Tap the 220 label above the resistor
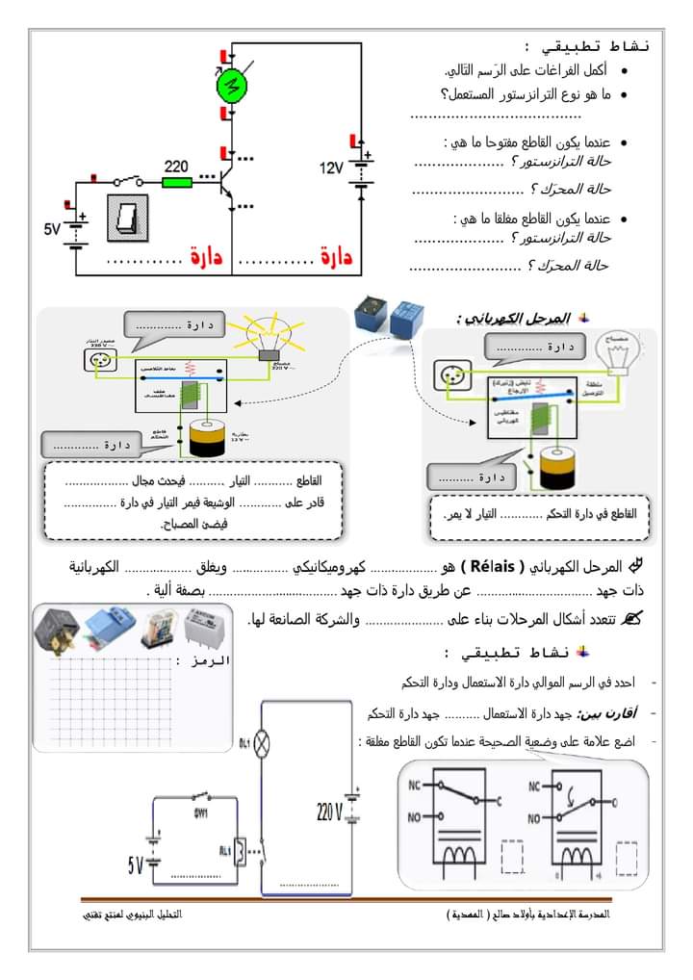[176, 166]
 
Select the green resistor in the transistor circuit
[177, 181]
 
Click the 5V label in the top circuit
[52, 229]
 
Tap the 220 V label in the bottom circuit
[327, 812]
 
